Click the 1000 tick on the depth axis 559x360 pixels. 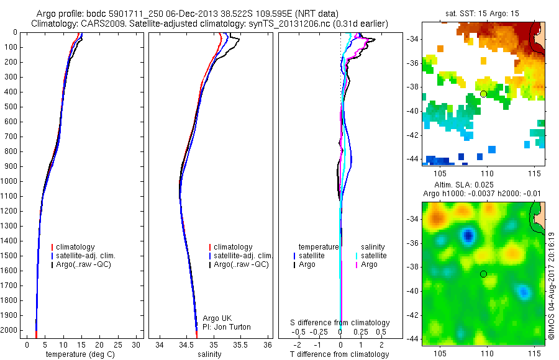(x=10, y=181)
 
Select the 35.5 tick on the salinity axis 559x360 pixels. (x=240, y=344)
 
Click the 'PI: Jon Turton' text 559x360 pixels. (x=227, y=327)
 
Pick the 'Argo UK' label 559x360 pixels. (x=217, y=318)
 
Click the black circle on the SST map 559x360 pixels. (x=483, y=94)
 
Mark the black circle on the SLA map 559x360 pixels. (x=483, y=274)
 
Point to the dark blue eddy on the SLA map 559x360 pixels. (x=467, y=235)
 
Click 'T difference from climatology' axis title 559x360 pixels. (x=339, y=354)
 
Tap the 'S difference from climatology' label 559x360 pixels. (x=340, y=323)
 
